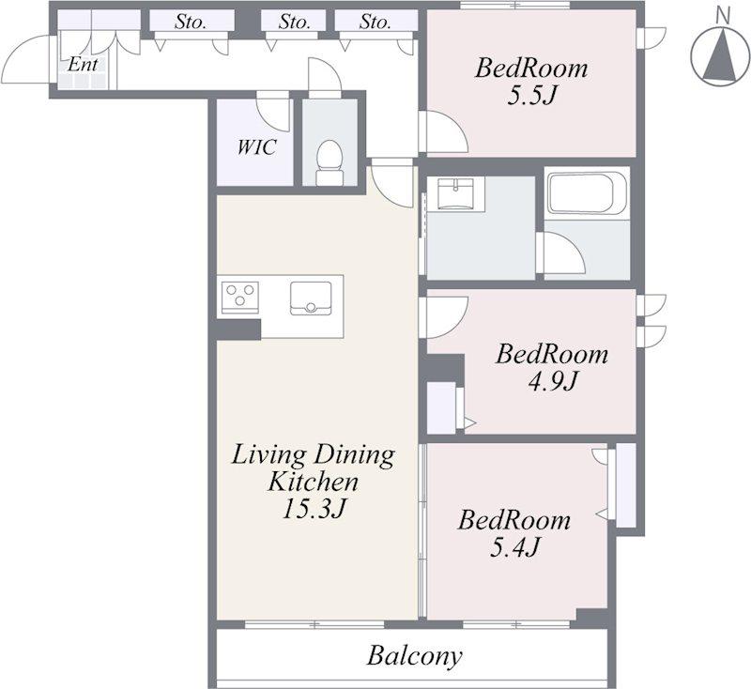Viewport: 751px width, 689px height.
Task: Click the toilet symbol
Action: point(330,162)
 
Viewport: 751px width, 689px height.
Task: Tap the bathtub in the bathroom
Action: point(588,193)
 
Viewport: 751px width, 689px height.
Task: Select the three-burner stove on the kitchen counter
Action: point(240,297)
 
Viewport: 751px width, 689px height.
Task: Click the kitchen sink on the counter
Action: point(311,299)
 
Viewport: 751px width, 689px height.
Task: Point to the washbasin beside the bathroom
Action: point(455,194)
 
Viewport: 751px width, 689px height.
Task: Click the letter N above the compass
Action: point(722,16)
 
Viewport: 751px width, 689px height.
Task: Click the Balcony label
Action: point(414,656)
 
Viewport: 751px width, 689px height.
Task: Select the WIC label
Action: point(256,147)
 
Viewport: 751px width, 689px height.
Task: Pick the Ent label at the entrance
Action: point(83,64)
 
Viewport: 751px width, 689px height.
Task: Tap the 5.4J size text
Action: point(513,547)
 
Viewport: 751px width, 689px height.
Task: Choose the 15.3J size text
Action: point(314,508)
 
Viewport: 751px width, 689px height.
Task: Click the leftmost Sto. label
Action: point(191,22)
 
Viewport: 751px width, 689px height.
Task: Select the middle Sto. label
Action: point(295,22)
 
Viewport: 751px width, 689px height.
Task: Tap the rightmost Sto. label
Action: point(375,22)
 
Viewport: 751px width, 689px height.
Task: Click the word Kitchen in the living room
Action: point(313,482)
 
